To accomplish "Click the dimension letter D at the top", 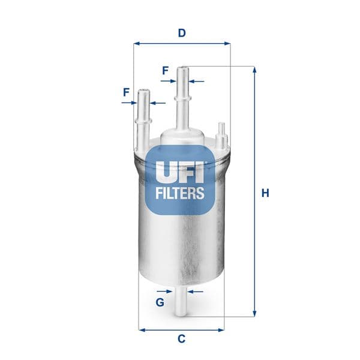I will [x=181, y=33].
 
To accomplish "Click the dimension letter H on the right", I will [x=265, y=193].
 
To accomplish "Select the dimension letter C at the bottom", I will [x=181, y=339].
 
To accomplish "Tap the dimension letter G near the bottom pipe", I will [x=160, y=302].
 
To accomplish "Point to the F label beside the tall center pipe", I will [x=165, y=70].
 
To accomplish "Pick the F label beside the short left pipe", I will [x=126, y=92].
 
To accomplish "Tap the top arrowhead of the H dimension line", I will [x=254, y=69].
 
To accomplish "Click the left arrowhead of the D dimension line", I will [x=136, y=43].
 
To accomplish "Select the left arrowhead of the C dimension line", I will [x=142, y=329].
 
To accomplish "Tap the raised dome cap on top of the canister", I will [x=182, y=137].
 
